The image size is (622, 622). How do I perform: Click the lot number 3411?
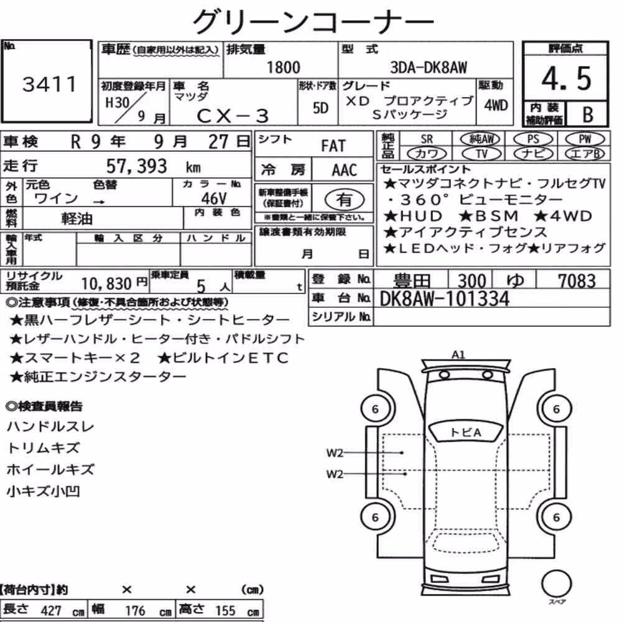click(x=49, y=84)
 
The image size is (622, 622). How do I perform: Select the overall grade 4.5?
click(x=566, y=78)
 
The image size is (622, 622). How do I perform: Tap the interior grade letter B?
click(x=588, y=114)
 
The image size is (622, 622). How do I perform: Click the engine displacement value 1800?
click(x=283, y=67)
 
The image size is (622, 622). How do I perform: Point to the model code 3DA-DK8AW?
click(x=429, y=67)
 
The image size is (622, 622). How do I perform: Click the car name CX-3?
click(x=233, y=116)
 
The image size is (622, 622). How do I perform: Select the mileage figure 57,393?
click(x=136, y=166)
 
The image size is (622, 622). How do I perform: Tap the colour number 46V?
click(x=214, y=198)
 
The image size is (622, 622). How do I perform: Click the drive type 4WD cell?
click(x=496, y=106)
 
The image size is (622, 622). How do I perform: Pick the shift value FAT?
click(x=333, y=146)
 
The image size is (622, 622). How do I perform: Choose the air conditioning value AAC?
click(x=345, y=170)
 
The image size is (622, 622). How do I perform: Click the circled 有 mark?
click(x=345, y=200)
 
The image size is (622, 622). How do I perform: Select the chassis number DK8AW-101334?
click(x=444, y=299)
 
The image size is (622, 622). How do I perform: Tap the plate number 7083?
click(x=577, y=281)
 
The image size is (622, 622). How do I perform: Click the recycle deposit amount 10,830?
click(x=106, y=284)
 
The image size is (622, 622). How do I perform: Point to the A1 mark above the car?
click(x=458, y=355)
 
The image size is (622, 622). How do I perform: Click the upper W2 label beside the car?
click(x=335, y=453)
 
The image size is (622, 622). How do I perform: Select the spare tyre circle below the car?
click(x=556, y=583)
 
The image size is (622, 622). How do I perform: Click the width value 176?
click(x=135, y=611)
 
